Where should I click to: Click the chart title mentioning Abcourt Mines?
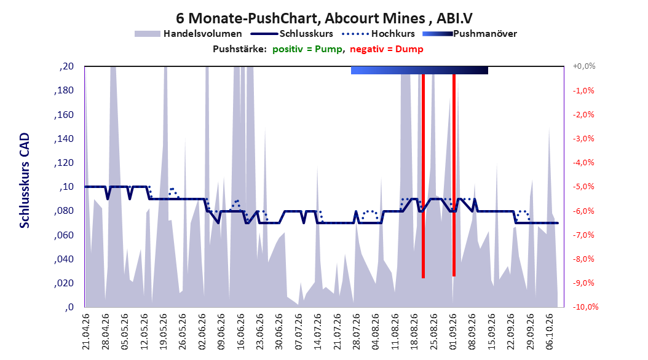click(x=324, y=18)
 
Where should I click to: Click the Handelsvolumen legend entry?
click(x=189, y=34)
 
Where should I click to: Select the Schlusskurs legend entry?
click(x=292, y=34)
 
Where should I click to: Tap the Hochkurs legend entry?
click(x=378, y=34)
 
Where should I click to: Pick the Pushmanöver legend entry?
click(x=470, y=34)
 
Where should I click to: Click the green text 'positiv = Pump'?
click(x=307, y=49)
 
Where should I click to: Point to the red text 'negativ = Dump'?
click(x=387, y=49)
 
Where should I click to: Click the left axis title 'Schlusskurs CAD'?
click(x=25, y=181)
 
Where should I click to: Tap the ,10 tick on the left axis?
click(x=66, y=187)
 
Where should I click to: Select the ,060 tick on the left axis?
click(x=64, y=235)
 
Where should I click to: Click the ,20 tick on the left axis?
click(x=66, y=66)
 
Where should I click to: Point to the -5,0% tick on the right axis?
click(x=583, y=187)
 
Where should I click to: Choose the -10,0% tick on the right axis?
click(x=585, y=307)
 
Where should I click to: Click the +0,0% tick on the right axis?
click(x=584, y=66)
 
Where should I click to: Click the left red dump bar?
click(x=423, y=176)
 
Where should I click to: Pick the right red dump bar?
click(x=454, y=175)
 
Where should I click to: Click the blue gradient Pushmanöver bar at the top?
click(x=419, y=70)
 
